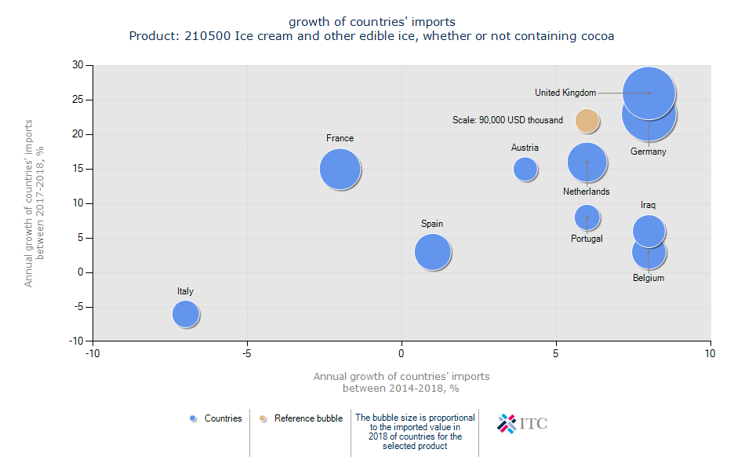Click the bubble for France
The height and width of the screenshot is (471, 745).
(340, 169)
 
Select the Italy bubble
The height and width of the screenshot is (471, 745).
(185, 314)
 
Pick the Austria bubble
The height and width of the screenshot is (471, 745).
(525, 169)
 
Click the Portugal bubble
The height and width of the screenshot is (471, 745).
(587, 217)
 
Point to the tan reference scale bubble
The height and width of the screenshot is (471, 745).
(587, 120)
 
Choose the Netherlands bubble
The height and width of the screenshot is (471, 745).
(587, 162)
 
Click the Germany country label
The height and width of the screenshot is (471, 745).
(648, 152)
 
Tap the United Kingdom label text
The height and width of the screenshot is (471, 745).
(565, 93)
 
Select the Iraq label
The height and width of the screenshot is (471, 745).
(648, 205)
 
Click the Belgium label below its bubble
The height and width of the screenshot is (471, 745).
(649, 278)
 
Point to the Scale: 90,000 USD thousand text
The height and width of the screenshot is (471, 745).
(507, 120)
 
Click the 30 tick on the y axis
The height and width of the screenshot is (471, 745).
(78, 65)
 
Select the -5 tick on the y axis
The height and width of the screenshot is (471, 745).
(78, 307)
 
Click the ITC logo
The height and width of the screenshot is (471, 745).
(522, 424)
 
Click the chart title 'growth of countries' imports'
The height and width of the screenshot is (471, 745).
(372, 21)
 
